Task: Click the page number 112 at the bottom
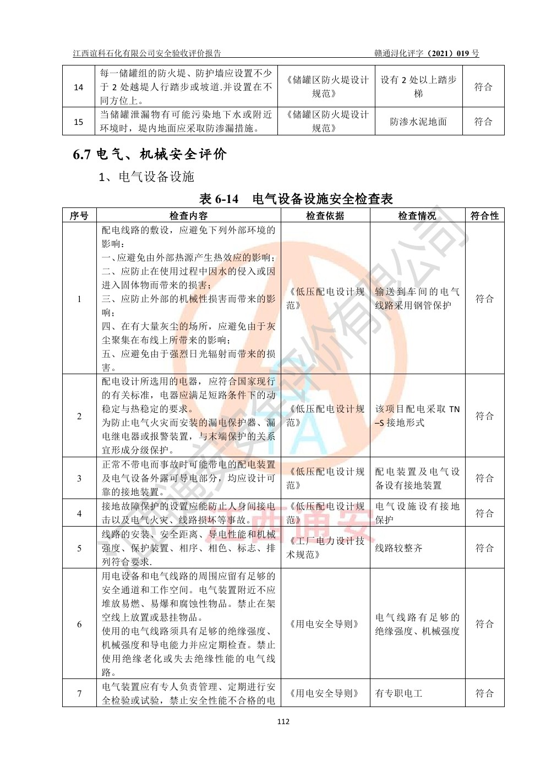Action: coord(283,721)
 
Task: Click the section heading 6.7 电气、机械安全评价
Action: coord(150,154)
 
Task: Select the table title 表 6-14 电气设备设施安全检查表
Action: coord(296,199)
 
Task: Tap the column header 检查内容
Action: coord(188,216)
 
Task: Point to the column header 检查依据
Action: coord(325,216)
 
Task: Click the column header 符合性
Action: coord(484,216)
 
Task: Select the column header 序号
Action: coord(79,216)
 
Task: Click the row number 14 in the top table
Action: coord(79,87)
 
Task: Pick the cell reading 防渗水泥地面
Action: coord(418,122)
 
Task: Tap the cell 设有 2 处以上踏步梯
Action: coord(418,87)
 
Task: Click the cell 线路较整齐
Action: coord(398,548)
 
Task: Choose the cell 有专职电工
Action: coord(398,693)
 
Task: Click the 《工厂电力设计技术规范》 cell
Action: coord(325,548)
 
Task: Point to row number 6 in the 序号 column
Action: coord(79,624)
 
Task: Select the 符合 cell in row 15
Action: coord(483,122)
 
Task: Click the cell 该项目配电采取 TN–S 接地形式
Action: coord(417,416)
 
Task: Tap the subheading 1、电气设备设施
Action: coord(146,177)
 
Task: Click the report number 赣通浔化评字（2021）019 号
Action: coord(427,53)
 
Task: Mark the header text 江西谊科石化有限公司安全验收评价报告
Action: coord(147,53)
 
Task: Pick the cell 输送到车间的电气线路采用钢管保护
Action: coord(417,298)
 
